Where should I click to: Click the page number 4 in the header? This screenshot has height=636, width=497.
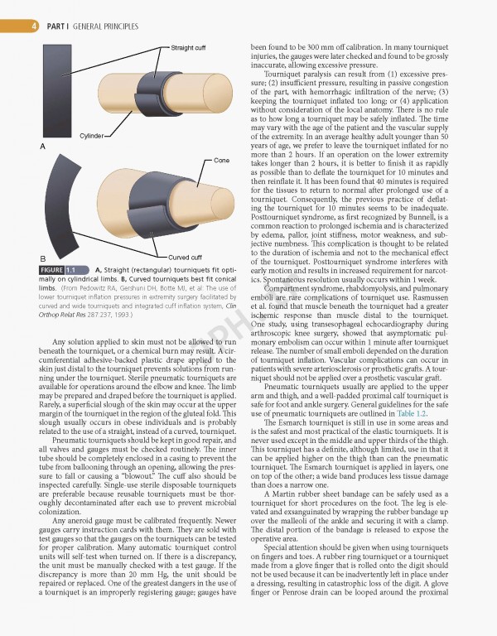tap(33, 26)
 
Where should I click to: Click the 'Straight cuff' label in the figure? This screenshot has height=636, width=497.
tap(189, 48)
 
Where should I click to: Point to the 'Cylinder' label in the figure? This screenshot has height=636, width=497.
tap(92, 136)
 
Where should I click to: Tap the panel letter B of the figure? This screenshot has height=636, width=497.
tap(43, 258)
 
